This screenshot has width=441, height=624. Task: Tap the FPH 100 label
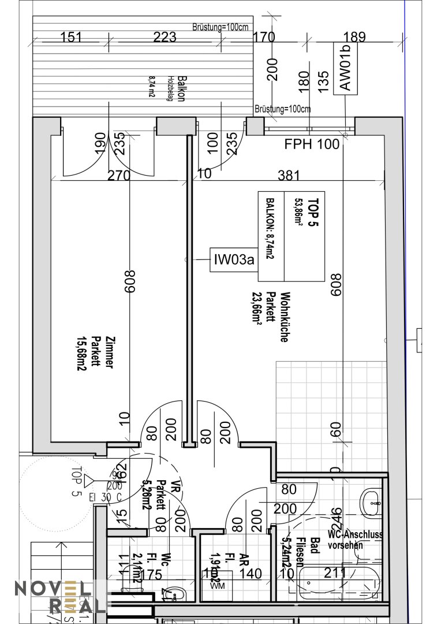click(x=312, y=144)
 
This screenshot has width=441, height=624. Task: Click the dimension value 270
click(x=119, y=175)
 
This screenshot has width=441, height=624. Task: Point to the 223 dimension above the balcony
click(x=165, y=38)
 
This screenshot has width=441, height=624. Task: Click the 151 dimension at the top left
click(x=71, y=38)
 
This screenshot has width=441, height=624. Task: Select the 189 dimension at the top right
click(x=354, y=38)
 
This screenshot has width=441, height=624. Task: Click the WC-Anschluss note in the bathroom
click(x=354, y=540)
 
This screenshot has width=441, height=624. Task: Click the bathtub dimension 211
click(x=335, y=573)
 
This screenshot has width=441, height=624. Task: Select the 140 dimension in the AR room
click(x=251, y=573)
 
